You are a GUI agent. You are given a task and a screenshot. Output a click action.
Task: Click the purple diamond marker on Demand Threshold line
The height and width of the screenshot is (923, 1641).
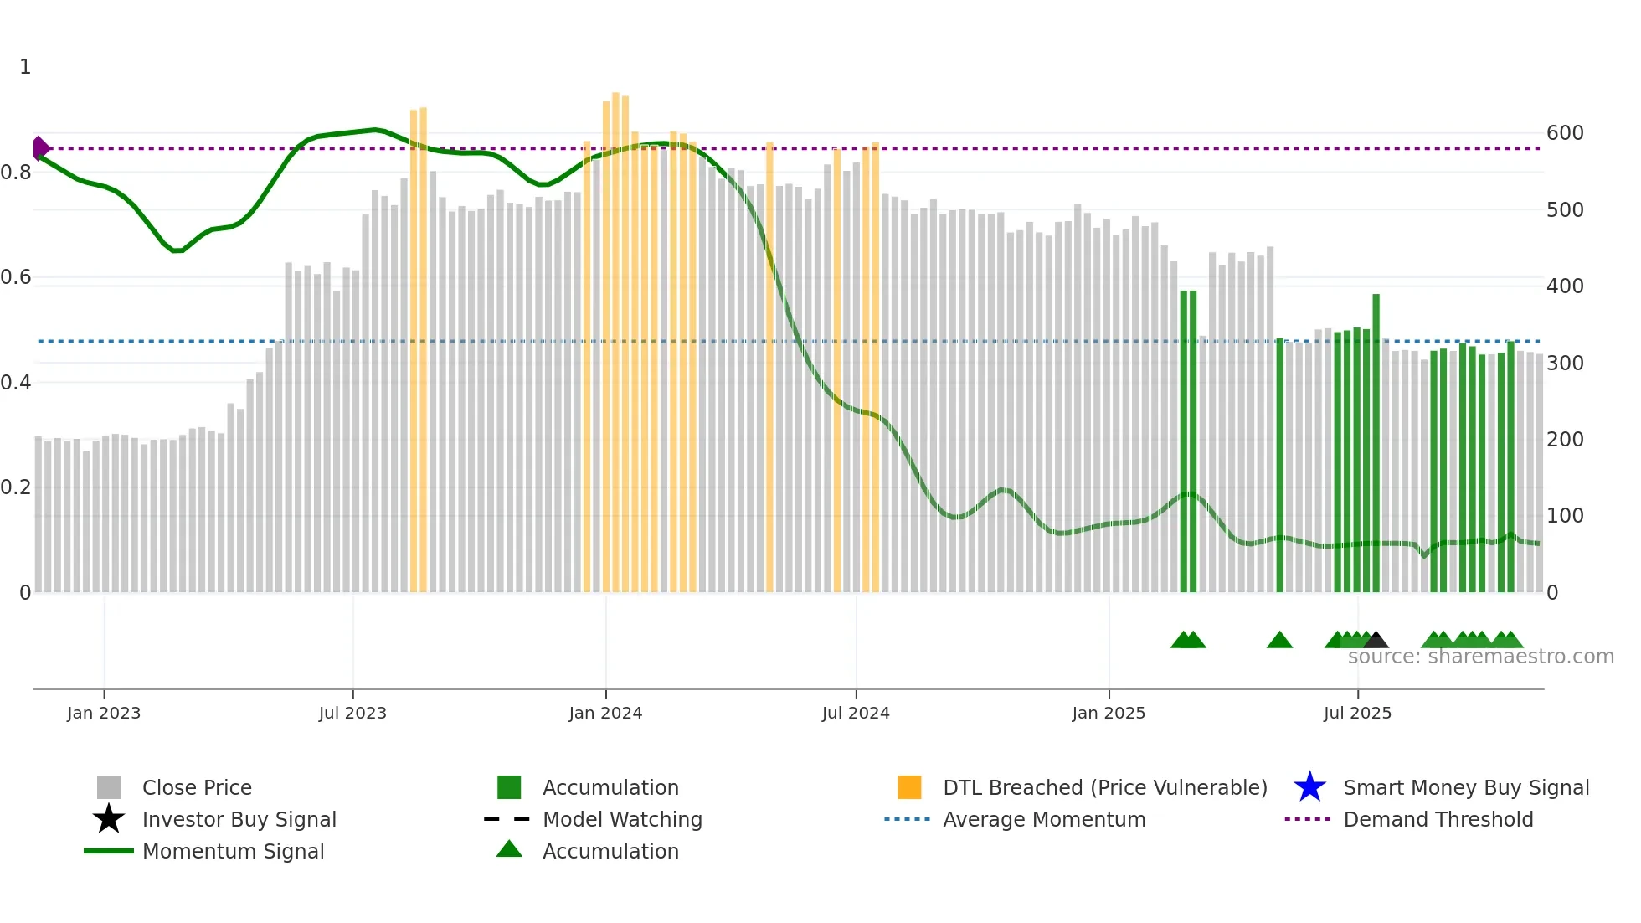(x=40, y=148)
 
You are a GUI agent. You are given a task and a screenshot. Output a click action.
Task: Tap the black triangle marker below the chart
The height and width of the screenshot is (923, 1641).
(x=1376, y=641)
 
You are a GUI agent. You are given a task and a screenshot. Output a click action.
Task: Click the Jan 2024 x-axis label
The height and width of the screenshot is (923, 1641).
(x=605, y=714)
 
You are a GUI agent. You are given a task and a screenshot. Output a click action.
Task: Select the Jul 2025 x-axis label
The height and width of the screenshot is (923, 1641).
(x=1357, y=714)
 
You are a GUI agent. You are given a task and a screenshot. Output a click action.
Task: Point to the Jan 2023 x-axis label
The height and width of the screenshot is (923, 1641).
(x=104, y=714)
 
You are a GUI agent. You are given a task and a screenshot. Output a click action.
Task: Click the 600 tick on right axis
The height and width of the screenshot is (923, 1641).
(x=1565, y=133)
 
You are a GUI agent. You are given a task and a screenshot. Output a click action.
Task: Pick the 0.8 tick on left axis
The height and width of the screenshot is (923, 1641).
(x=17, y=173)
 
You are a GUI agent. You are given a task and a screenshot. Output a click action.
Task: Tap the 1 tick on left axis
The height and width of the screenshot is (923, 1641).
(x=25, y=67)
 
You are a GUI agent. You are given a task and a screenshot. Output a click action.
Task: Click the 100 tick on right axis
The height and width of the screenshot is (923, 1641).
(x=1565, y=516)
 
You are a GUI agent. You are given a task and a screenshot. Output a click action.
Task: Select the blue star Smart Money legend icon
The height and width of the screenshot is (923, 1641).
(x=1309, y=787)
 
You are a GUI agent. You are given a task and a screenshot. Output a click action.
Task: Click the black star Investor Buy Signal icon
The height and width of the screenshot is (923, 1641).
(x=109, y=819)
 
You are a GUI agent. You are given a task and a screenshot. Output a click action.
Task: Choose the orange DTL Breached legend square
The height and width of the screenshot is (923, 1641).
(x=909, y=787)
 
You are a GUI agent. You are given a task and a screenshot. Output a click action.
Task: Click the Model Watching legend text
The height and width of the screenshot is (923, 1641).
(x=622, y=819)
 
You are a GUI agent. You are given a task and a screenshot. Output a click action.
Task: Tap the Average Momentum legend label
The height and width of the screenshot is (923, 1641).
(x=1044, y=819)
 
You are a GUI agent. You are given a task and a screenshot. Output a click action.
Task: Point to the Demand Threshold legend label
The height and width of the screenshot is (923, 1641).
(x=1438, y=819)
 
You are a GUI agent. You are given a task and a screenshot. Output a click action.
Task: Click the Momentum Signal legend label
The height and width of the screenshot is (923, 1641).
(x=233, y=851)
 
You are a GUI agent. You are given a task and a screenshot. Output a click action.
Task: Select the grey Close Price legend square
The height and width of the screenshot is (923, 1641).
(x=109, y=787)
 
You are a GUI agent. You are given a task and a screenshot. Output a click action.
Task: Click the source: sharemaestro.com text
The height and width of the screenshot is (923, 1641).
(x=1480, y=657)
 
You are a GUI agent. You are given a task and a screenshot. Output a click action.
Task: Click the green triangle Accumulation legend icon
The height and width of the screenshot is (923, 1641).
(x=509, y=849)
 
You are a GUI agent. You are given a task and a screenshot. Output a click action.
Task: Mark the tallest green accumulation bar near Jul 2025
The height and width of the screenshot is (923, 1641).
(x=1376, y=444)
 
